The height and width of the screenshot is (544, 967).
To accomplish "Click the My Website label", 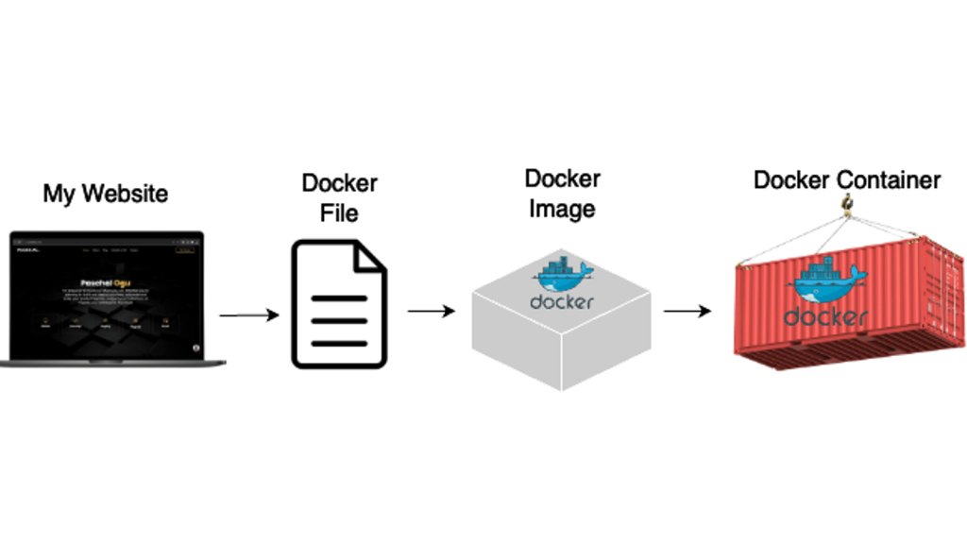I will pos(105,194).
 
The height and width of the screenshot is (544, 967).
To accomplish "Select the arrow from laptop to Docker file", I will pos(249,314).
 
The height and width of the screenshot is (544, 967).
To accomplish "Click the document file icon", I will pos(339,303).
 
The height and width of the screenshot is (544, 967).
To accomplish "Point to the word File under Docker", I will pos(339,213).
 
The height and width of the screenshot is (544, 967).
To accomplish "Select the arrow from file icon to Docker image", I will pos(431,311).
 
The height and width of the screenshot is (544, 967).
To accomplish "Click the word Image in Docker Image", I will pos(562,209).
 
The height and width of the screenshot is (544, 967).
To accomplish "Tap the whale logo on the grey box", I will pos(563,274).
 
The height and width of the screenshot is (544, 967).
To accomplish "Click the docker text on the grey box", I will pos(562,302).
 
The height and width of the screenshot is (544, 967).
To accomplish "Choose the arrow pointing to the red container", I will pos(687,311).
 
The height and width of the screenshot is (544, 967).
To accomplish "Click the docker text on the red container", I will pos(825,315).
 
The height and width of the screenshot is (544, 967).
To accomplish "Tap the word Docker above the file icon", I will pos(339,183).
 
